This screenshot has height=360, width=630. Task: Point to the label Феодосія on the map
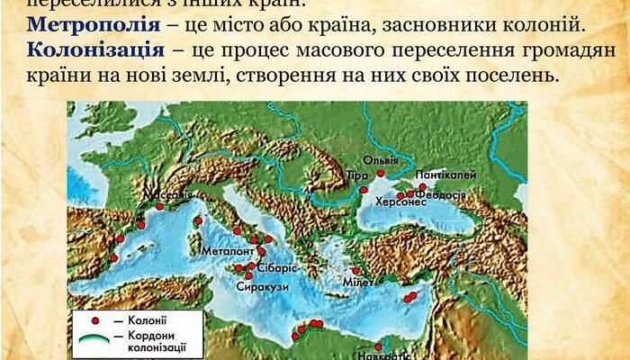pos(440,195)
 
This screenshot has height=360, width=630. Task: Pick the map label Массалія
pos(167,194)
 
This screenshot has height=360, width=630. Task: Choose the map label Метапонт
pos(225,251)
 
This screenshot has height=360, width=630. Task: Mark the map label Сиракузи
pos(263,286)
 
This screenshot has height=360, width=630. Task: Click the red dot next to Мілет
pos(355,271)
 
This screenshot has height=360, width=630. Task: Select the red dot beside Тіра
pos(363,190)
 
